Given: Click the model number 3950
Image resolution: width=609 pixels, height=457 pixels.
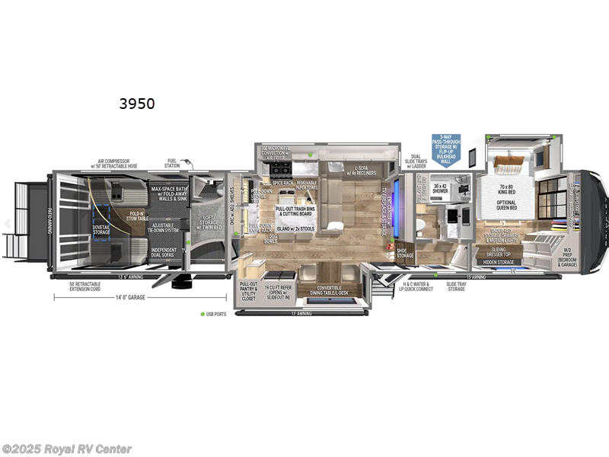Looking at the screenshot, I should pos(136,104).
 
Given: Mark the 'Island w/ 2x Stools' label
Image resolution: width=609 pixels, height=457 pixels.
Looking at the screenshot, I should pos(295,228).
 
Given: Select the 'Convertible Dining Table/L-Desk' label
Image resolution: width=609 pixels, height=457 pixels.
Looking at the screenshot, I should pos(318,290).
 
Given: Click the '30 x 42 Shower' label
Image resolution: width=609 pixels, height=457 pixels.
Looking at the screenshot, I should pos(439,188).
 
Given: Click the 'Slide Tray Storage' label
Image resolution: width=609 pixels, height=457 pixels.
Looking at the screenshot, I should pos(457,286).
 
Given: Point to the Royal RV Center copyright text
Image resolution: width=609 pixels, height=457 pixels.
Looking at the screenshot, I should pos(67,449).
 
